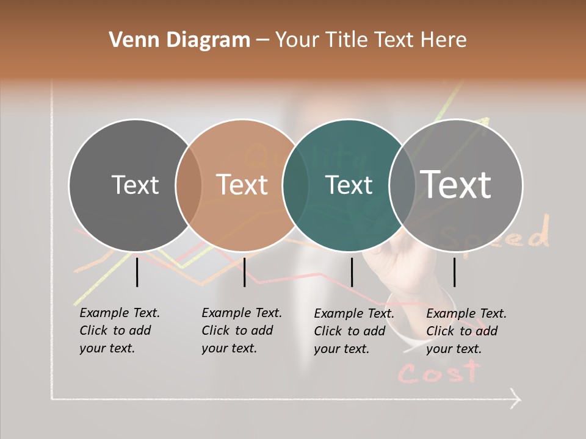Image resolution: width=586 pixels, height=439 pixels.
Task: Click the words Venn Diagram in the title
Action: (179, 40)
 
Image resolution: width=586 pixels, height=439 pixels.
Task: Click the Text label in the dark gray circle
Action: (135, 185)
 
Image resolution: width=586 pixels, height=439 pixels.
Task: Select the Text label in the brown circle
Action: (242, 185)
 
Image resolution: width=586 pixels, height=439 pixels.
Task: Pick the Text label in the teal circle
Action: (349, 185)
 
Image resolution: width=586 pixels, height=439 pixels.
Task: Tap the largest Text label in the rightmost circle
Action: (455, 184)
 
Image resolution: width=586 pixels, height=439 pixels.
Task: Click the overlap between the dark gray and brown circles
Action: (189, 185)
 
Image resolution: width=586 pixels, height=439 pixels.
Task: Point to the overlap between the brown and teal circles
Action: (295, 185)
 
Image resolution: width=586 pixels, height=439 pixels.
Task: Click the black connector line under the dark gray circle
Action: (137, 272)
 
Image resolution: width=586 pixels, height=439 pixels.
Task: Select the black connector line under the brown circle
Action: (244, 272)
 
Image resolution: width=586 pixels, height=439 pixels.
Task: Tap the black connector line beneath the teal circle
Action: (352, 272)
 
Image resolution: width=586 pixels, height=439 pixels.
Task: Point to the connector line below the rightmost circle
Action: (454, 272)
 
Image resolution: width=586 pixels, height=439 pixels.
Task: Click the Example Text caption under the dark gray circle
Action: (119, 330)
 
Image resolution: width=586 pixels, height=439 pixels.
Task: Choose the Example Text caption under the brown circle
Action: (241, 330)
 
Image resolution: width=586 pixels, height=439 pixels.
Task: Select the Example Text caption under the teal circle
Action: (353, 331)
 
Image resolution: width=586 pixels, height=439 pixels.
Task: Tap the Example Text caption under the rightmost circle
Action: (466, 331)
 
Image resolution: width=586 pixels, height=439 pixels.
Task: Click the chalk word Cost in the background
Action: (439, 372)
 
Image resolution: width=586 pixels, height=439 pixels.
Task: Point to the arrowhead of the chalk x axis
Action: (516, 400)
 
